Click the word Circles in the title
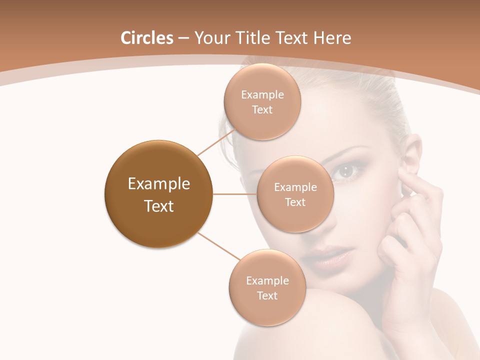tap(146, 38)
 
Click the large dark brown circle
tap(158, 194)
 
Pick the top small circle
tap(262, 102)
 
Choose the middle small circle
tap(295, 194)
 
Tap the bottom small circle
tap(267, 288)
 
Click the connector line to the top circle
tap(216, 142)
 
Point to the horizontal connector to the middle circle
tap(235, 194)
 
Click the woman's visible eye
tap(345, 171)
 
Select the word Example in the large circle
tap(158, 184)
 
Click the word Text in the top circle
tap(262, 110)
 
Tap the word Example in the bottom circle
tap(267, 280)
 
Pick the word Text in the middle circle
tap(295, 202)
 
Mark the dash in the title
tap(183, 38)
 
